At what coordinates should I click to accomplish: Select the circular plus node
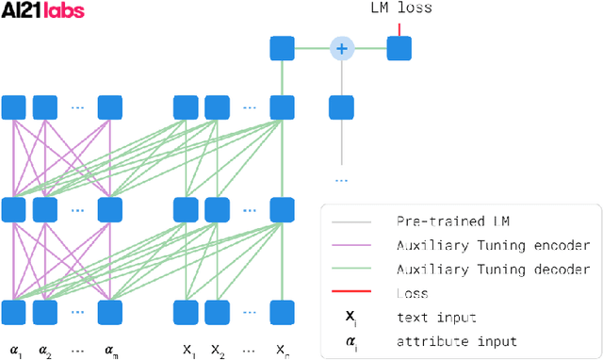click(341, 48)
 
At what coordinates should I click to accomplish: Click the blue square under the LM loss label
click(399, 48)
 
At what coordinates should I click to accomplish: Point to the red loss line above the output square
click(399, 29)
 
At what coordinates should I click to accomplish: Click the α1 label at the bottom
click(15, 350)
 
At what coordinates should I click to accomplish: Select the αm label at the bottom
click(111, 350)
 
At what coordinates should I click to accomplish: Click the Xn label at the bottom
click(281, 350)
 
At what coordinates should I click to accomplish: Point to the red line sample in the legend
click(352, 292)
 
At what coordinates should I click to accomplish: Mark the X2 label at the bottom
click(219, 350)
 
